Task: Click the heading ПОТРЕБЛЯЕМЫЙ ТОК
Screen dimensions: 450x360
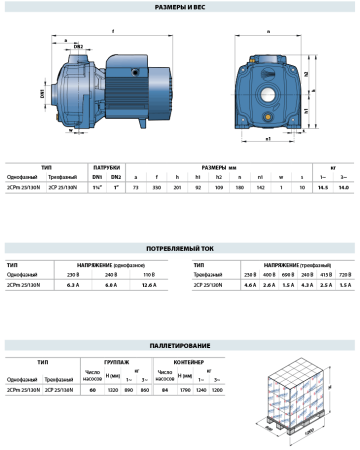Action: (179, 215)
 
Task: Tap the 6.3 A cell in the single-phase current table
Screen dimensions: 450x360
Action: (71, 256)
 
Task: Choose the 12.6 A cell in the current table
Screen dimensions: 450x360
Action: (150, 256)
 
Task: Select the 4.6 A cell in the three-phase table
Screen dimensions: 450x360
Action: (250, 256)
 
